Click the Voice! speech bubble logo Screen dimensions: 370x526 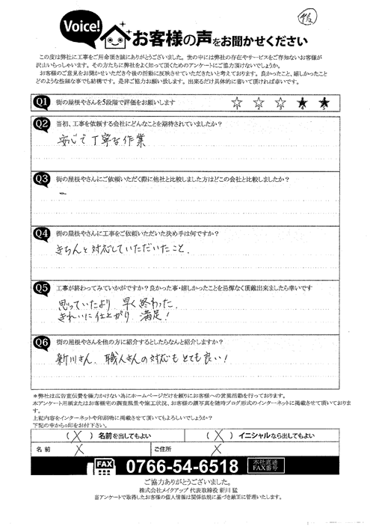[71, 28]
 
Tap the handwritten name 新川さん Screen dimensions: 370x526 [78, 358]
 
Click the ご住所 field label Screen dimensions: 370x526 [162, 450]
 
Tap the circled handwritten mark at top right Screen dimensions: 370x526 [347, 16]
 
